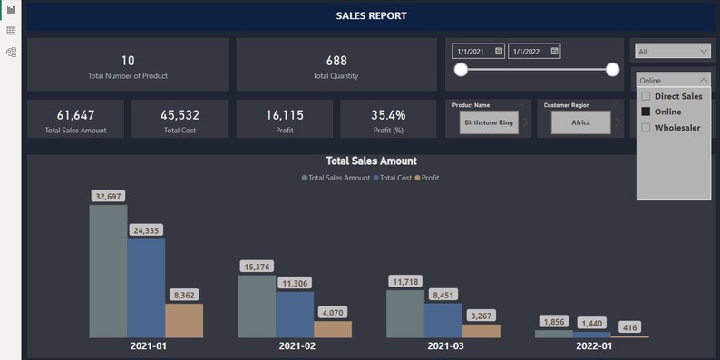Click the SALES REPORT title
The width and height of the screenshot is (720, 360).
click(x=371, y=16)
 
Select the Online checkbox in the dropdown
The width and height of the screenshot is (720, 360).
click(x=646, y=112)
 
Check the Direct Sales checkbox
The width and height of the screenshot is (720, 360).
click(x=646, y=96)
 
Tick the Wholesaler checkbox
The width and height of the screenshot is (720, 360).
click(x=646, y=128)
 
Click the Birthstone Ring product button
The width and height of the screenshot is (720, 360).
click(x=489, y=121)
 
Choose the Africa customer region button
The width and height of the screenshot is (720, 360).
click(x=579, y=121)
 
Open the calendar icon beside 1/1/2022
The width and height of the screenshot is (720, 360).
click(x=554, y=51)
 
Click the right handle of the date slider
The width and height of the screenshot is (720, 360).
click(x=612, y=70)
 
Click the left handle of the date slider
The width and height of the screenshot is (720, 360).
click(x=461, y=70)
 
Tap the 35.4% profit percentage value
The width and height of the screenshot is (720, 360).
click(x=388, y=115)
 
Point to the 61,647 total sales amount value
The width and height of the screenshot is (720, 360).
click(x=75, y=115)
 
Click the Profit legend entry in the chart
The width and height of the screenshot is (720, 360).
click(x=427, y=178)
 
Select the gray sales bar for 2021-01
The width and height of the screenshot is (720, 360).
click(x=108, y=272)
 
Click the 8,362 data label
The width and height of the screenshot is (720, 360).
click(x=184, y=295)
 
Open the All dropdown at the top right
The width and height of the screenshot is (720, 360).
click(x=672, y=52)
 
